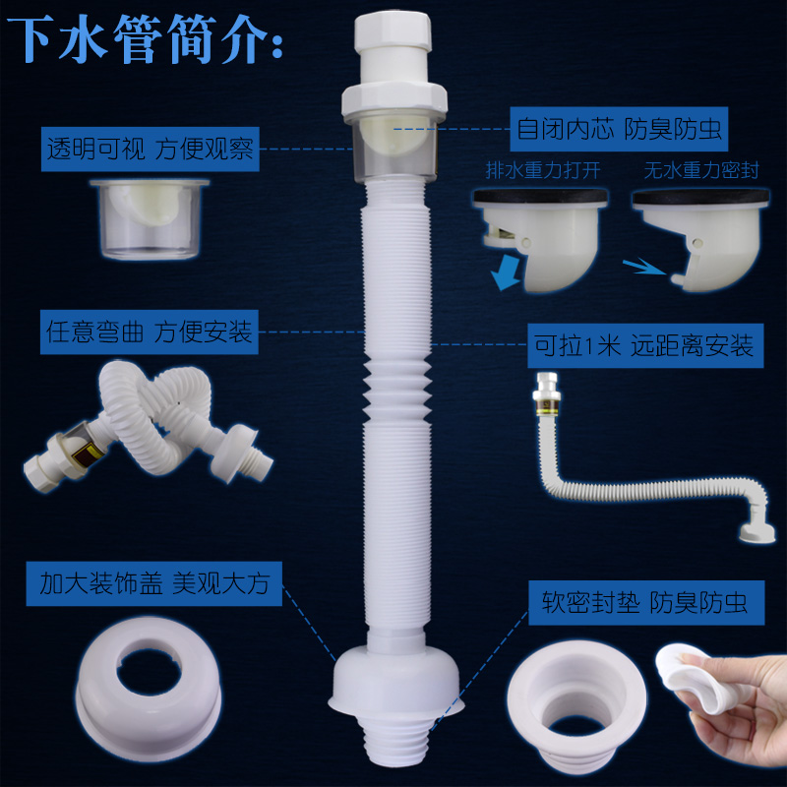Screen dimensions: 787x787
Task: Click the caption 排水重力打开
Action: tap(537, 169)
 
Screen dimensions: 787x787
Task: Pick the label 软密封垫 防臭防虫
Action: tap(638, 601)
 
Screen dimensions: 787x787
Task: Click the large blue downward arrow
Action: tap(509, 272)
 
